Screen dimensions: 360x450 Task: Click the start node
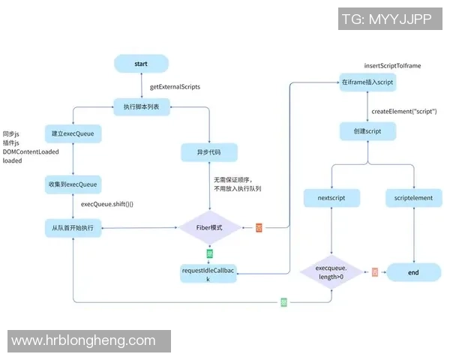coord(141,64)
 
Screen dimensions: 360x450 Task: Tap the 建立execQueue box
coord(73,134)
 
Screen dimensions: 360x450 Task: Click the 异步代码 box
coord(209,153)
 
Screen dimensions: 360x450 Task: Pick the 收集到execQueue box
coord(73,184)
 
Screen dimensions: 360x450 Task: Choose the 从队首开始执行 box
coord(73,227)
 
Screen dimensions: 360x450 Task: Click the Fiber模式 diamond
coord(210,227)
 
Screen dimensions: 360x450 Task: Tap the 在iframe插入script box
coord(367,82)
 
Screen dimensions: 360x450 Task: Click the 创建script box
coord(367,130)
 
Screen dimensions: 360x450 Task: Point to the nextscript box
coord(331,198)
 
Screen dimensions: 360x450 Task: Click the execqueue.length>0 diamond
coord(331,272)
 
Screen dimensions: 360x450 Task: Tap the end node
coord(413,272)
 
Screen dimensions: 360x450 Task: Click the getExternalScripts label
coord(175,86)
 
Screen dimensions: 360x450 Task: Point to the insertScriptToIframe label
coord(392,66)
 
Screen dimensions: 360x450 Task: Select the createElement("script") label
coord(403,111)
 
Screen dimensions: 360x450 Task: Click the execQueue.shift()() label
coord(112,204)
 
